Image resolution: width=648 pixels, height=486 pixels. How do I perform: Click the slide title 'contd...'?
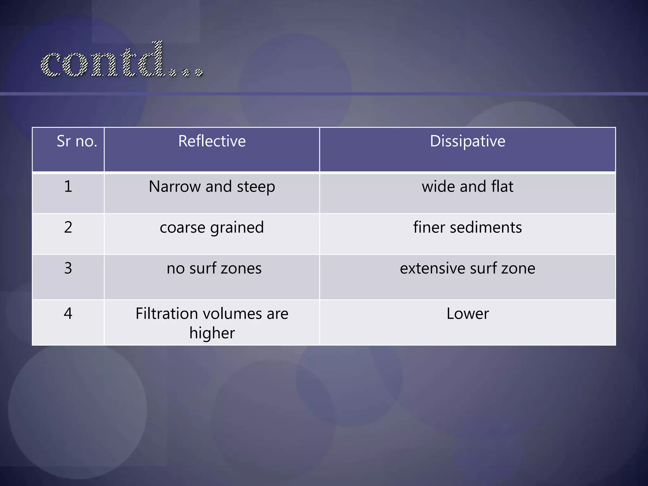click(121, 60)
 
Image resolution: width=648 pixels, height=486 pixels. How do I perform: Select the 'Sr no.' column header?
click(77, 141)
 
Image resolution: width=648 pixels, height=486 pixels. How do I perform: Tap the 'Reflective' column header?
click(212, 141)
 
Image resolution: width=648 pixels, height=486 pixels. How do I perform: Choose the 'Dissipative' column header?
click(467, 141)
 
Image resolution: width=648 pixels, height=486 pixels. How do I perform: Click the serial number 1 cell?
click(68, 186)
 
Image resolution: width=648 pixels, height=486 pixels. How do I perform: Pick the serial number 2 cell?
click(68, 227)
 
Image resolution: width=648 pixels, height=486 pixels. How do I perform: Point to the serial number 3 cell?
click(68, 268)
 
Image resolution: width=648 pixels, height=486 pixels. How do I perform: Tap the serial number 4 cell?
click(68, 313)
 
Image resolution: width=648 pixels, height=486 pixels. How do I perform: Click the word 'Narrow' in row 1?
click(175, 186)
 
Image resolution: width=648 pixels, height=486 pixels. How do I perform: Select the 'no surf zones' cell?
click(214, 268)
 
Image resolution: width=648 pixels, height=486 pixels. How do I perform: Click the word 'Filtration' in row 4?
click(167, 314)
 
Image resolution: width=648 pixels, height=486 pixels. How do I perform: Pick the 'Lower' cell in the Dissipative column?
click(467, 314)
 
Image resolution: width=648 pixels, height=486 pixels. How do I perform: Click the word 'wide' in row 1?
click(438, 186)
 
